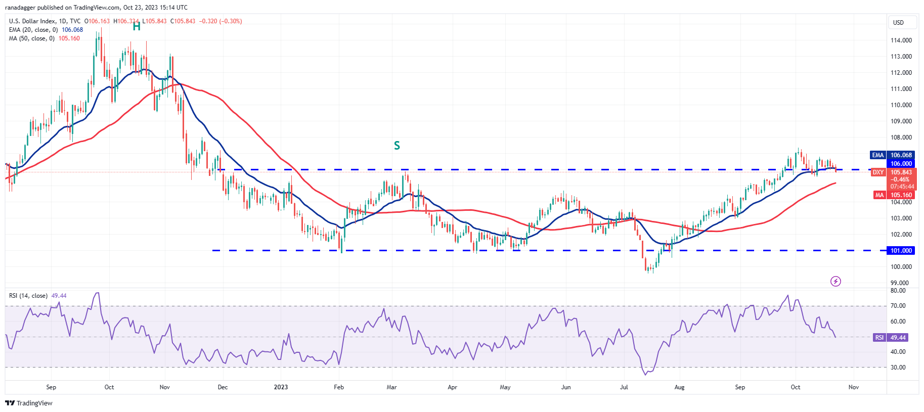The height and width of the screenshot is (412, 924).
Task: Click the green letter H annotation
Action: [x=137, y=26]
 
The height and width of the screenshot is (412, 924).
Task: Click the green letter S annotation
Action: [x=397, y=146]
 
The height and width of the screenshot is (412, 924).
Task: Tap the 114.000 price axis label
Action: [x=901, y=40]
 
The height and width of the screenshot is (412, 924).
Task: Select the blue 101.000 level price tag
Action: [x=901, y=251]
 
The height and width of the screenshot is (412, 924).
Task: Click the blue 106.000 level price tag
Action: [x=901, y=164]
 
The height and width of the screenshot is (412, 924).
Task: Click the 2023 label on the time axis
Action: [x=281, y=387]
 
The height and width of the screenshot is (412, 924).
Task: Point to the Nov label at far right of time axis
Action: [x=854, y=387]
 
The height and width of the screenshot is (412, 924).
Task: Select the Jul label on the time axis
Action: [x=624, y=387]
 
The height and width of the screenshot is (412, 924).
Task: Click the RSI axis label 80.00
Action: [x=898, y=291]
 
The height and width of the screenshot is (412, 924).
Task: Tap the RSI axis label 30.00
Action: [x=898, y=368]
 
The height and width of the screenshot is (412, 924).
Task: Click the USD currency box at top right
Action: [x=898, y=22]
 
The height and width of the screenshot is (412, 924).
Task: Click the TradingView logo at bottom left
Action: [x=29, y=403]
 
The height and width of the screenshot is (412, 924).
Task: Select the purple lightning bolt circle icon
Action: [x=835, y=281]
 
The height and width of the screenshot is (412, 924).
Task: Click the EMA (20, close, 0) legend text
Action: [x=33, y=30]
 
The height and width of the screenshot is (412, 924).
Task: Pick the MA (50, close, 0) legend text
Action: [x=32, y=38]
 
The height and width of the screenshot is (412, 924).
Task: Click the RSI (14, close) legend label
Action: [x=28, y=296]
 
